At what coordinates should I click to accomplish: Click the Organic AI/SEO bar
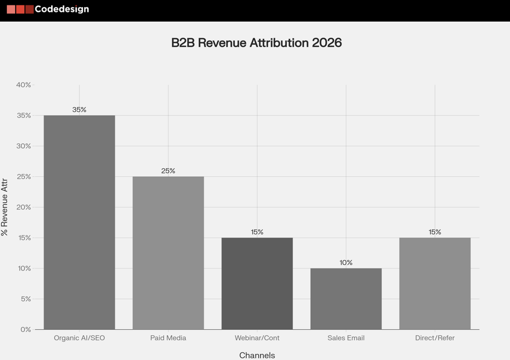coord(79,222)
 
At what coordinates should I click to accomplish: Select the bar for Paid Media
coord(168,253)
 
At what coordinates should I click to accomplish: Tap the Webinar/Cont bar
coord(257,283)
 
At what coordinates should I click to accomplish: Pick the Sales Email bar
coord(346,299)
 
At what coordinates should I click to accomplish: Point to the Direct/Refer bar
coord(435,283)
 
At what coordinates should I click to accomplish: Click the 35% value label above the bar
coord(79,109)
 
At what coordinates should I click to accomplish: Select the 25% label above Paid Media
coord(168,171)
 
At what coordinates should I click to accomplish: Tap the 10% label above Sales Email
coord(346,262)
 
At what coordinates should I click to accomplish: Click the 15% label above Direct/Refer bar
coord(435,232)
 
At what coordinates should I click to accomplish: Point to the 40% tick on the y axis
coord(24,85)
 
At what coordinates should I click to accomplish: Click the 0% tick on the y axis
coord(26,329)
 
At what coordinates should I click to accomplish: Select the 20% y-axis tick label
coord(24,207)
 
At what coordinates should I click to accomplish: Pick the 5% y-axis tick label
coord(26,299)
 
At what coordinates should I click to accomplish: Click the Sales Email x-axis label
coord(346,338)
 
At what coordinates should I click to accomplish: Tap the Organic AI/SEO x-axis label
coord(79,338)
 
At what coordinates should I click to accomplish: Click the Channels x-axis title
coord(257,355)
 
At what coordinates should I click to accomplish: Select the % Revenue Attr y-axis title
coord(5,207)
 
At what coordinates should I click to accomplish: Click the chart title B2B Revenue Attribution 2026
coord(256,43)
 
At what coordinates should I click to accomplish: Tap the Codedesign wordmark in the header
coord(61,9)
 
